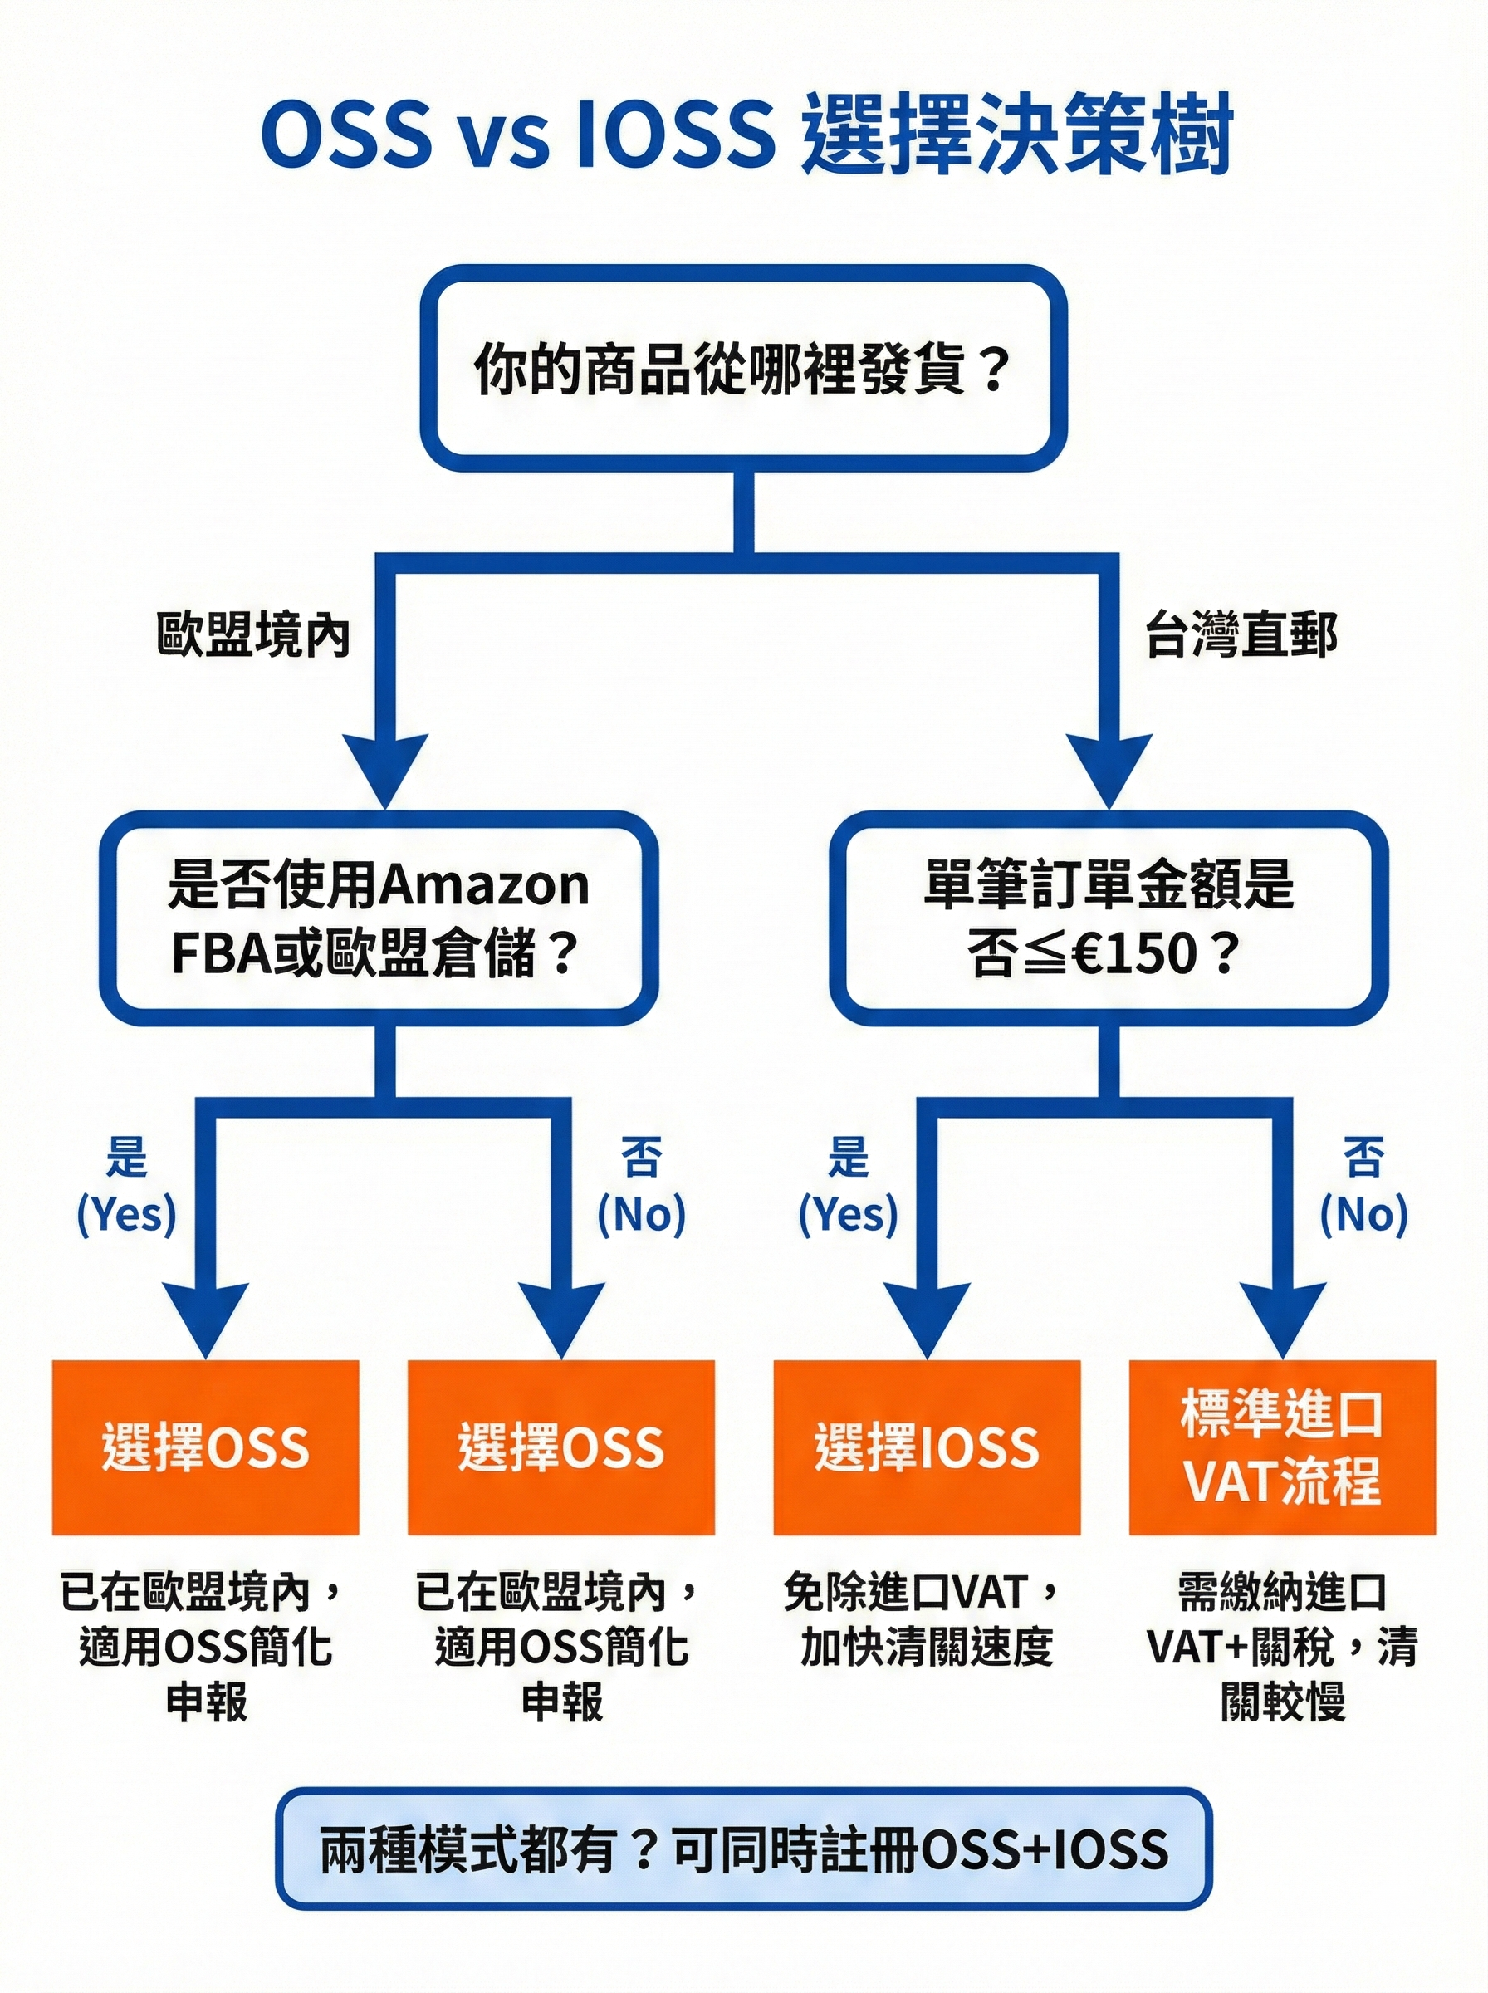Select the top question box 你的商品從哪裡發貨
743,369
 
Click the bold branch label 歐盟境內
253,636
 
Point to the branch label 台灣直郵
1241,636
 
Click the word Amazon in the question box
486,885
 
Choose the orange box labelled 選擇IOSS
926,1447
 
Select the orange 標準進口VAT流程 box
1282,1447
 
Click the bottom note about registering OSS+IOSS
743,1849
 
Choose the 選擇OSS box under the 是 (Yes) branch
205,1447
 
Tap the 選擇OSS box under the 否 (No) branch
560,1447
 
